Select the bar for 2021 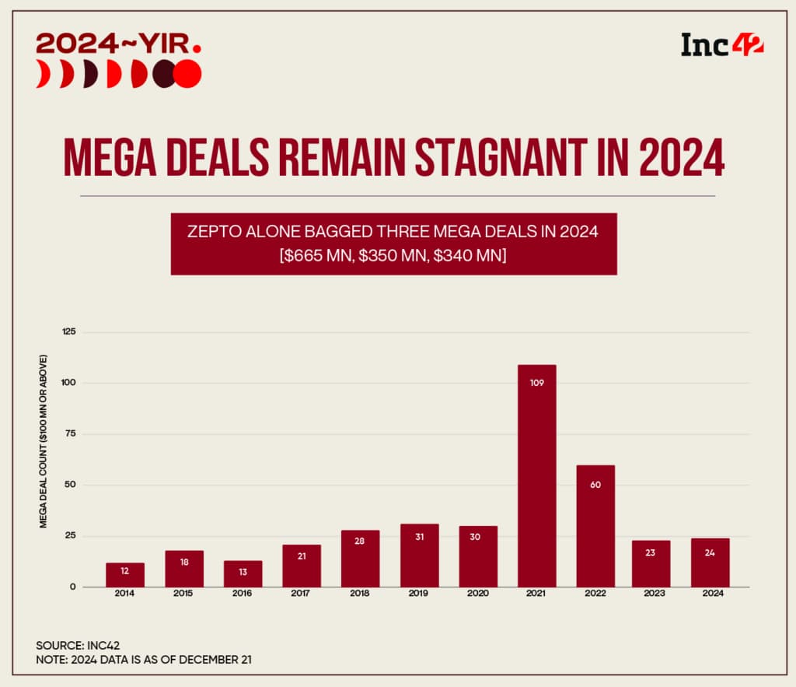(536, 475)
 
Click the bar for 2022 (595, 526)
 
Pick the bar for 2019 (419, 556)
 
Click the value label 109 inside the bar (536, 382)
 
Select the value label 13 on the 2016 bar (243, 572)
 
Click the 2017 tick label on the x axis (302, 594)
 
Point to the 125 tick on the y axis (69, 332)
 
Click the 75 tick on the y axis (72, 434)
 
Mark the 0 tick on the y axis (74, 587)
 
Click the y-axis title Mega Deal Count (44, 440)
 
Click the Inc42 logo (721, 44)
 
